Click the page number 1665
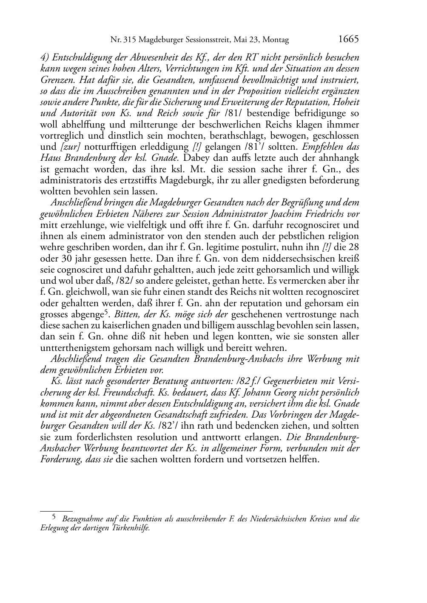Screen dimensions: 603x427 coord(348,40)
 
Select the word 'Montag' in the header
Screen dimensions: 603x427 coord(276,40)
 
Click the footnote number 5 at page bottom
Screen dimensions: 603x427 coord(54,518)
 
